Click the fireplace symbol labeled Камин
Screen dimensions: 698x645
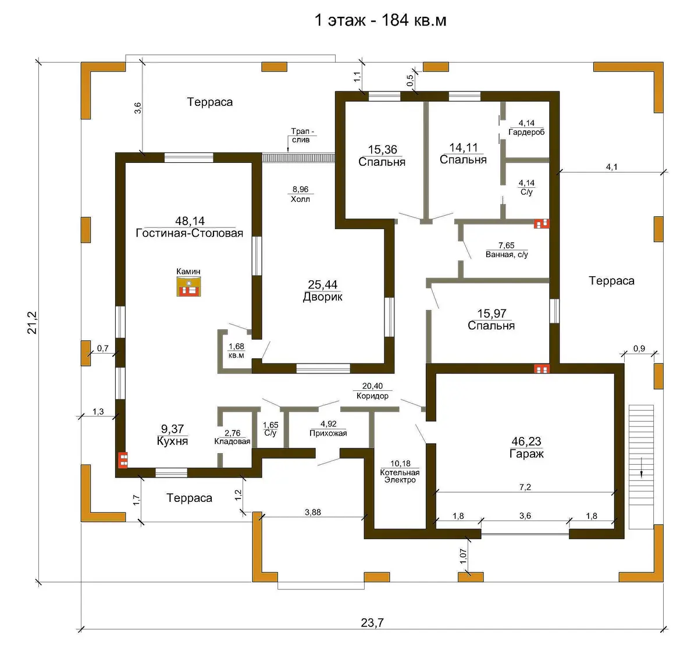pyautogui.click(x=188, y=286)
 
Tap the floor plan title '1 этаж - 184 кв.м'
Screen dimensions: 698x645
pyautogui.click(x=380, y=20)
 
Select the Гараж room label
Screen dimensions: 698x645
pyautogui.click(x=526, y=454)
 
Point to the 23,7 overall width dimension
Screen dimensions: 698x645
pyautogui.click(x=372, y=622)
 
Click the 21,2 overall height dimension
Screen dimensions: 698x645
pyautogui.click(x=32, y=322)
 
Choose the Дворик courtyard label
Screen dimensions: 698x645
pyautogui.click(x=322, y=297)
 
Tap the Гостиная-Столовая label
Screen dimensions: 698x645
pyautogui.click(x=190, y=233)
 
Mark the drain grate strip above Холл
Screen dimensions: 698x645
pyautogui.click(x=298, y=158)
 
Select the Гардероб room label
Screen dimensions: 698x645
pyautogui.click(x=526, y=132)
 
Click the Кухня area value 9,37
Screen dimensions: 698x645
pyautogui.click(x=172, y=429)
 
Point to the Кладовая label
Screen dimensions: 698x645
pyautogui.click(x=232, y=441)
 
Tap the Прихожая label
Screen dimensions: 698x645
pyautogui.click(x=328, y=433)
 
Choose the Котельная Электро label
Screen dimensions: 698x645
pyautogui.click(x=400, y=476)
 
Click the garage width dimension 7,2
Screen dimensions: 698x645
pyautogui.click(x=525, y=487)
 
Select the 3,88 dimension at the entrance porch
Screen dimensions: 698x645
pyautogui.click(x=313, y=512)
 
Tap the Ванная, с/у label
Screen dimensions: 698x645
pyautogui.click(x=507, y=255)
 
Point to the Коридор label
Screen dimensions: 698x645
pyautogui.click(x=372, y=396)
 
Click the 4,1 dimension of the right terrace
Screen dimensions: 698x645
pyautogui.click(x=611, y=167)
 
